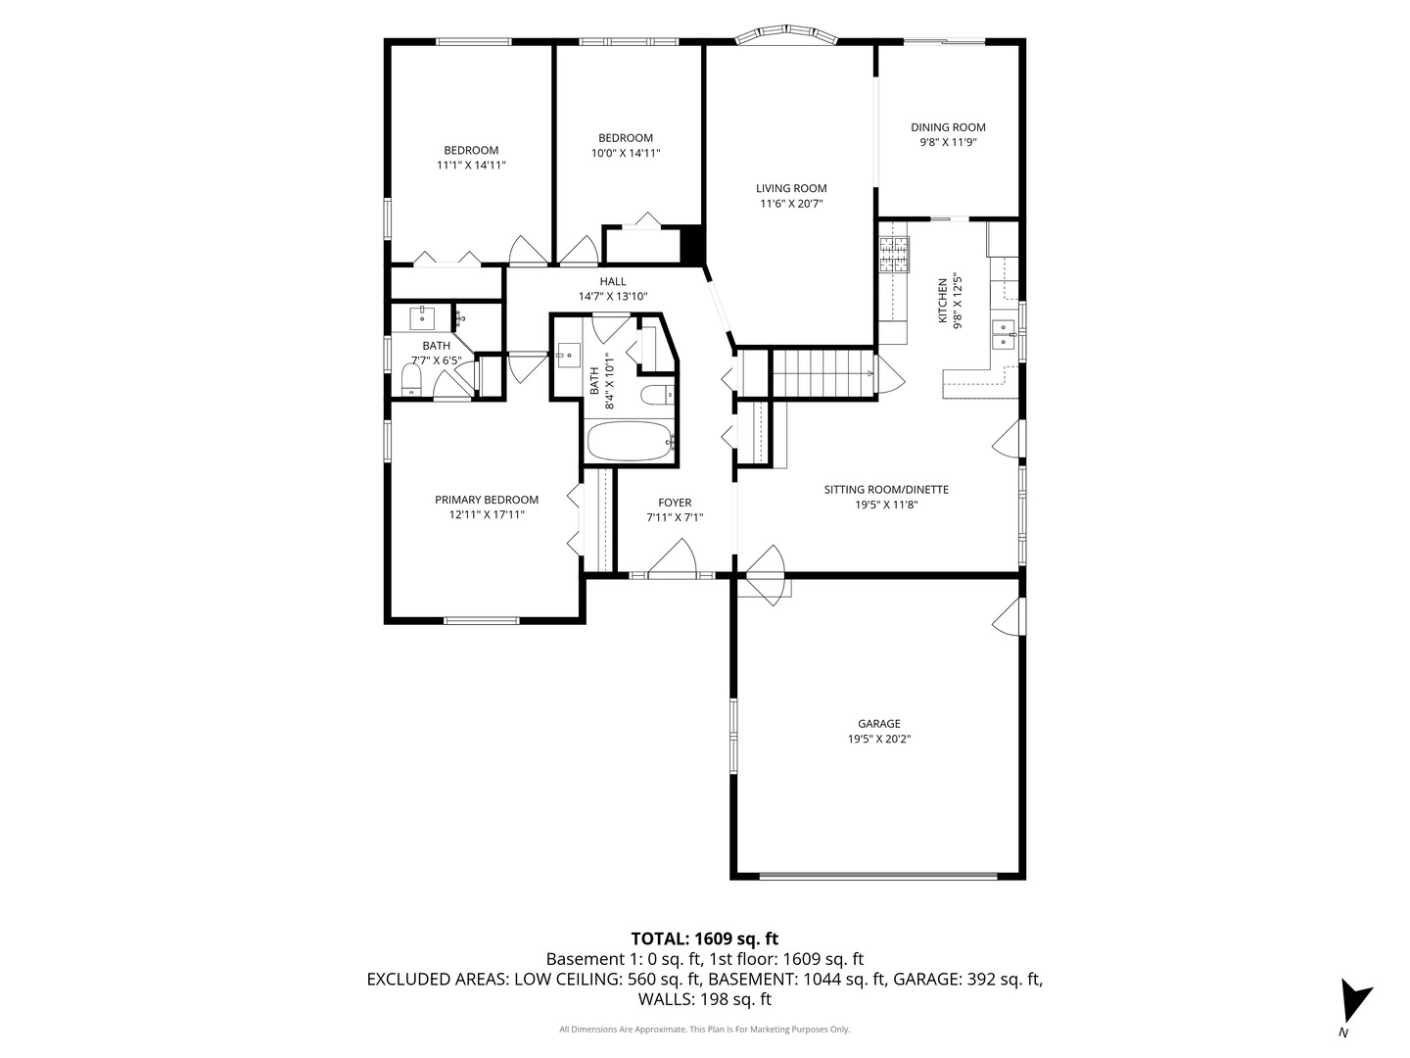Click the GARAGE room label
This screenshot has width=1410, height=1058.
click(873, 724)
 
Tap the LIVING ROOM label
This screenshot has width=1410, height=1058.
click(791, 188)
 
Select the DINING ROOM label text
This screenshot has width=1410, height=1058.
click(948, 127)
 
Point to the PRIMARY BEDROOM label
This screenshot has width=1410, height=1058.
click(486, 500)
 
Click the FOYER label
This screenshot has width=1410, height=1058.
click(675, 503)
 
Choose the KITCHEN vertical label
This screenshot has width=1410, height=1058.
click(943, 300)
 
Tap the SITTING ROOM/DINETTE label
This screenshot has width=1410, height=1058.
click(885, 490)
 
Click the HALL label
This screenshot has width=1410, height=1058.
click(613, 282)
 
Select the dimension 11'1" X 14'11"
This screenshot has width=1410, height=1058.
click(471, 166)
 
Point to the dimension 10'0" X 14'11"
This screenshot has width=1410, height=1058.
click(625, 153)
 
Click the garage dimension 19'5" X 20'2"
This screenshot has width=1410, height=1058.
click(873, 740)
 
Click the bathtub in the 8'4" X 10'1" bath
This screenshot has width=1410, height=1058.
click(629, 442)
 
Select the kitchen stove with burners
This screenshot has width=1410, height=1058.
click(893, 255)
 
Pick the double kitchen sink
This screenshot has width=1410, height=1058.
click(1004, 335)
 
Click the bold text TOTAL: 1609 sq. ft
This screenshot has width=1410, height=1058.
click(704, 938)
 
